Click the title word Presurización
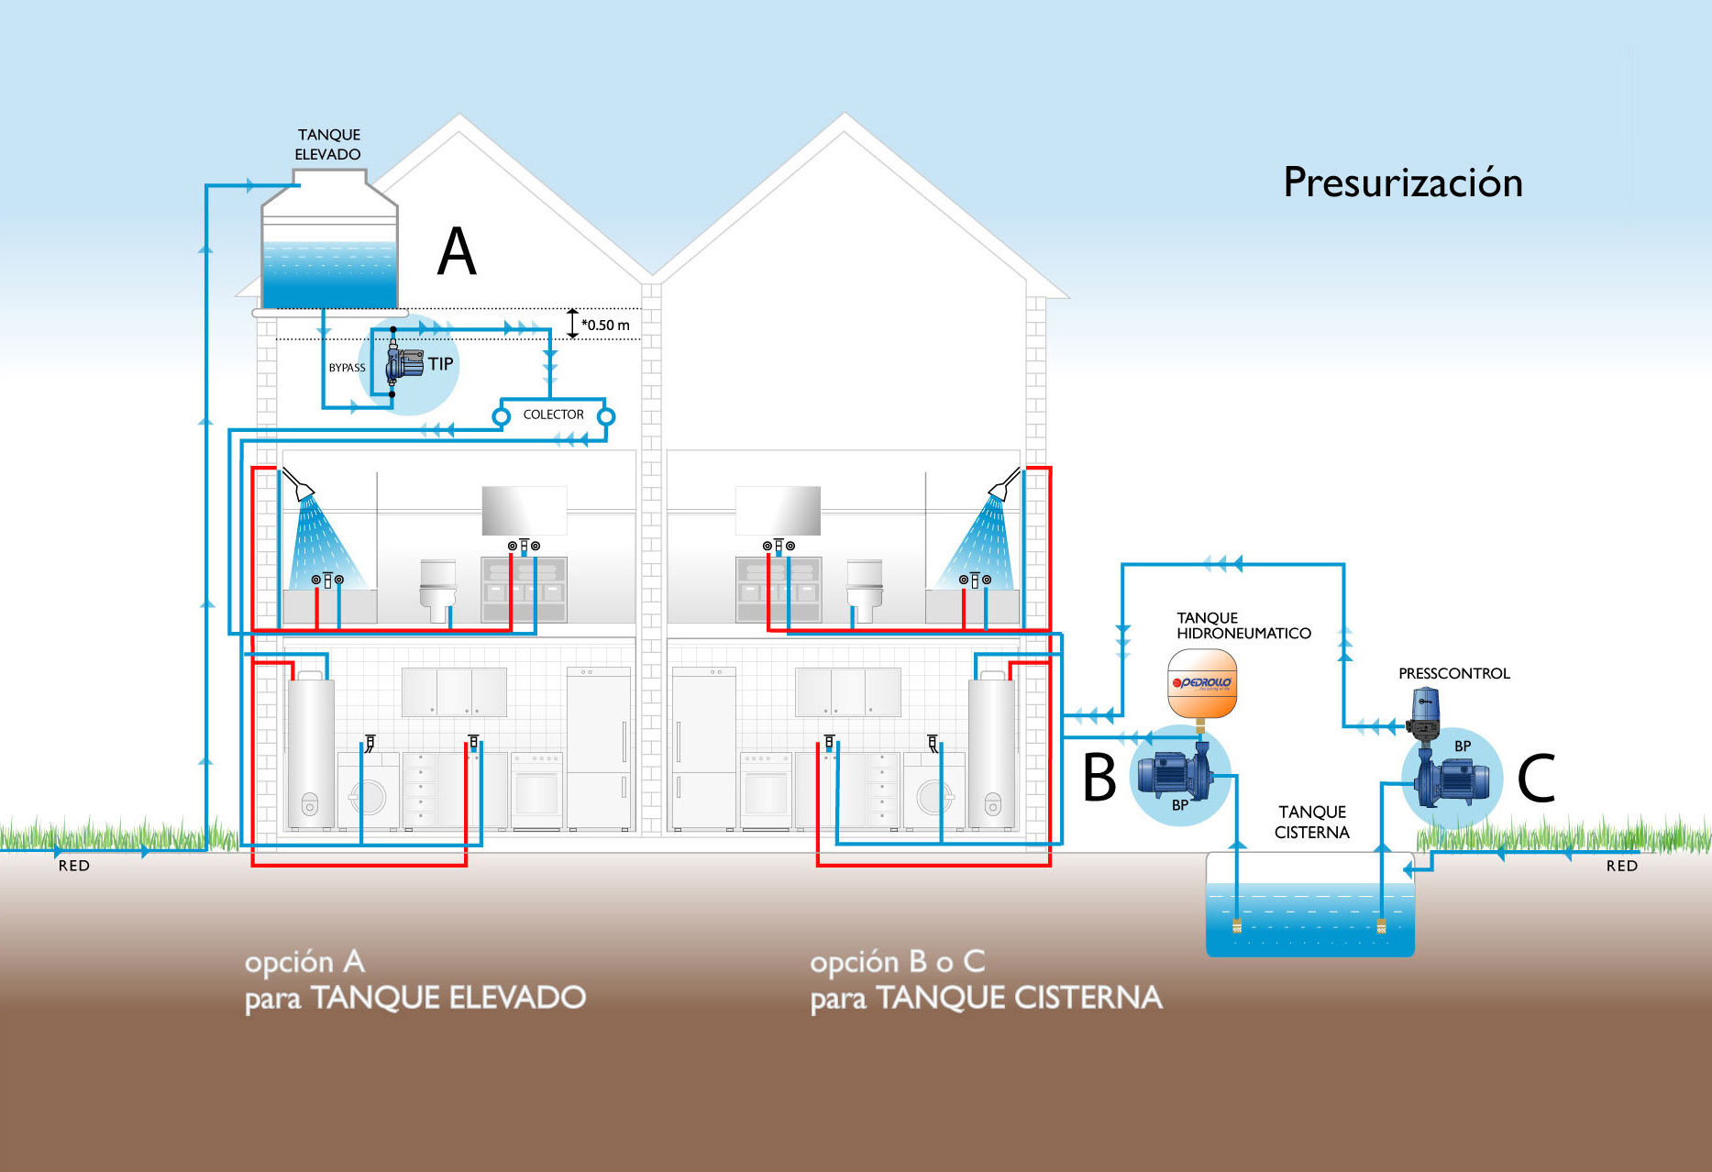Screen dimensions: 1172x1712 pos(1402,182)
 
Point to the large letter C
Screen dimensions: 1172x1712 pos(1536,779)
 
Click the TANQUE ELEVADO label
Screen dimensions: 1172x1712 pos(328,144)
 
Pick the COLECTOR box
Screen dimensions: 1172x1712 pos(553,415)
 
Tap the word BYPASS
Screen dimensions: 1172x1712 pos(347,368)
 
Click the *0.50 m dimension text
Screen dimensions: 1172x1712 pos(605,325)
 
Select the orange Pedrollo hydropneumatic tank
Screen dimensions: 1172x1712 pos(1201,683)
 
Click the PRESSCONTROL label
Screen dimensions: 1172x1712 pos(1453,673)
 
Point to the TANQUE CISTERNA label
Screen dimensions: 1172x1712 pos(1312,822)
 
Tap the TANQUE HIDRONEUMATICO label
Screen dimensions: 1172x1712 pos(1243,625)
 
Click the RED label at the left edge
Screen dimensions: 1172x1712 pos(74,866)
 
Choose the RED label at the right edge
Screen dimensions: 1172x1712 pos(1621,866)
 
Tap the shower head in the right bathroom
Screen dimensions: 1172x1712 pos(1003,483)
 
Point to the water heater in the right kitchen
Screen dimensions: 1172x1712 pos(991,752)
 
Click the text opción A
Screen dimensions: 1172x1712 pos(304,962)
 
